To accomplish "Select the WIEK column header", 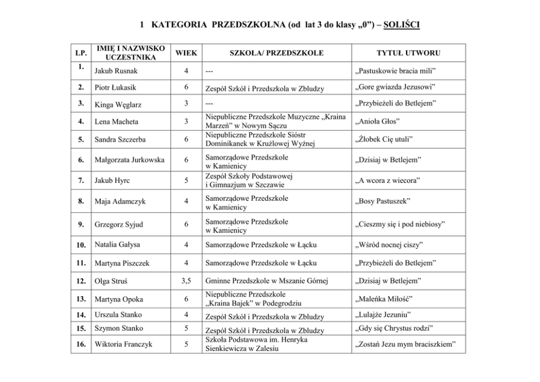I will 186,53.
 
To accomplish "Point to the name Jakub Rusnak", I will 116,71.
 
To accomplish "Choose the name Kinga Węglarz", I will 119,103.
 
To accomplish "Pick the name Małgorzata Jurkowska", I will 128,161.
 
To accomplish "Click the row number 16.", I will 81,344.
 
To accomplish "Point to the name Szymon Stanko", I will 119,328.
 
